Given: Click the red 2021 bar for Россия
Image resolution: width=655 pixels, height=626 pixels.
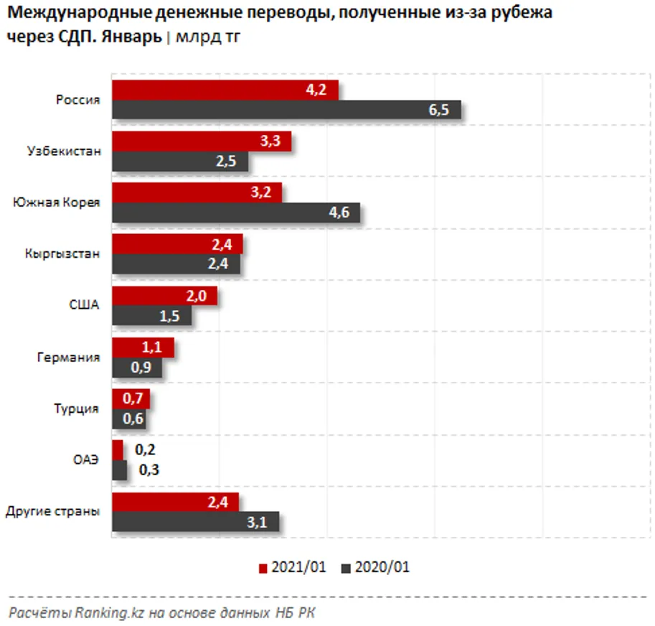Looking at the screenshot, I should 225,90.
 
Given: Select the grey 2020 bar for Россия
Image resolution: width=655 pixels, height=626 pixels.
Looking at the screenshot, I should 286,110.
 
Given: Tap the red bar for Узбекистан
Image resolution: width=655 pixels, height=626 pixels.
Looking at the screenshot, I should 201,141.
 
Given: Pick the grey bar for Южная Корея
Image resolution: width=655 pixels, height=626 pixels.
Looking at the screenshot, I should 235,212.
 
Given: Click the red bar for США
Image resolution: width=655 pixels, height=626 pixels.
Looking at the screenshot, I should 164,296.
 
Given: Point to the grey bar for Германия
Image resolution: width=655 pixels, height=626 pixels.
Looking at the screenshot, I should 137,368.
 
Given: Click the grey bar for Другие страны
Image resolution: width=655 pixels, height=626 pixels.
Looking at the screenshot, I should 195,523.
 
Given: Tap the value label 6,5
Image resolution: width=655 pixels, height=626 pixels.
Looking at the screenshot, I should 438,110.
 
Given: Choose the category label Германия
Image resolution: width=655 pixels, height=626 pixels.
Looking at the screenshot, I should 68,357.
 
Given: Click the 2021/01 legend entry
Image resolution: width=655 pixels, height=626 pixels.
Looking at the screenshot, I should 292,567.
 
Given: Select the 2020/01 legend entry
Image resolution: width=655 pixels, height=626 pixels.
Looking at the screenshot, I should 376,567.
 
